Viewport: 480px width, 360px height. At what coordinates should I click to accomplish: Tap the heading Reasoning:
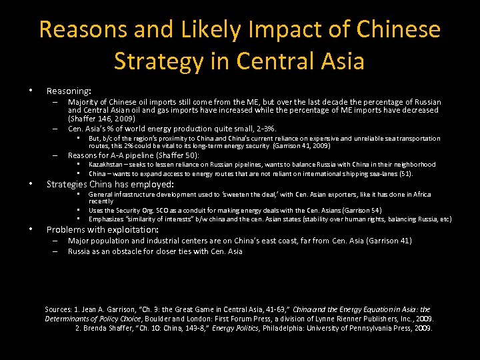69,90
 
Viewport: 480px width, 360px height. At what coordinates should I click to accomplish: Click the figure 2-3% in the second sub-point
263,129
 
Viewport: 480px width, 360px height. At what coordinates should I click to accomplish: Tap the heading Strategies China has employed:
109,184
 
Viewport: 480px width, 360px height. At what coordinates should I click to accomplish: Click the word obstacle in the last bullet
135,251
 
